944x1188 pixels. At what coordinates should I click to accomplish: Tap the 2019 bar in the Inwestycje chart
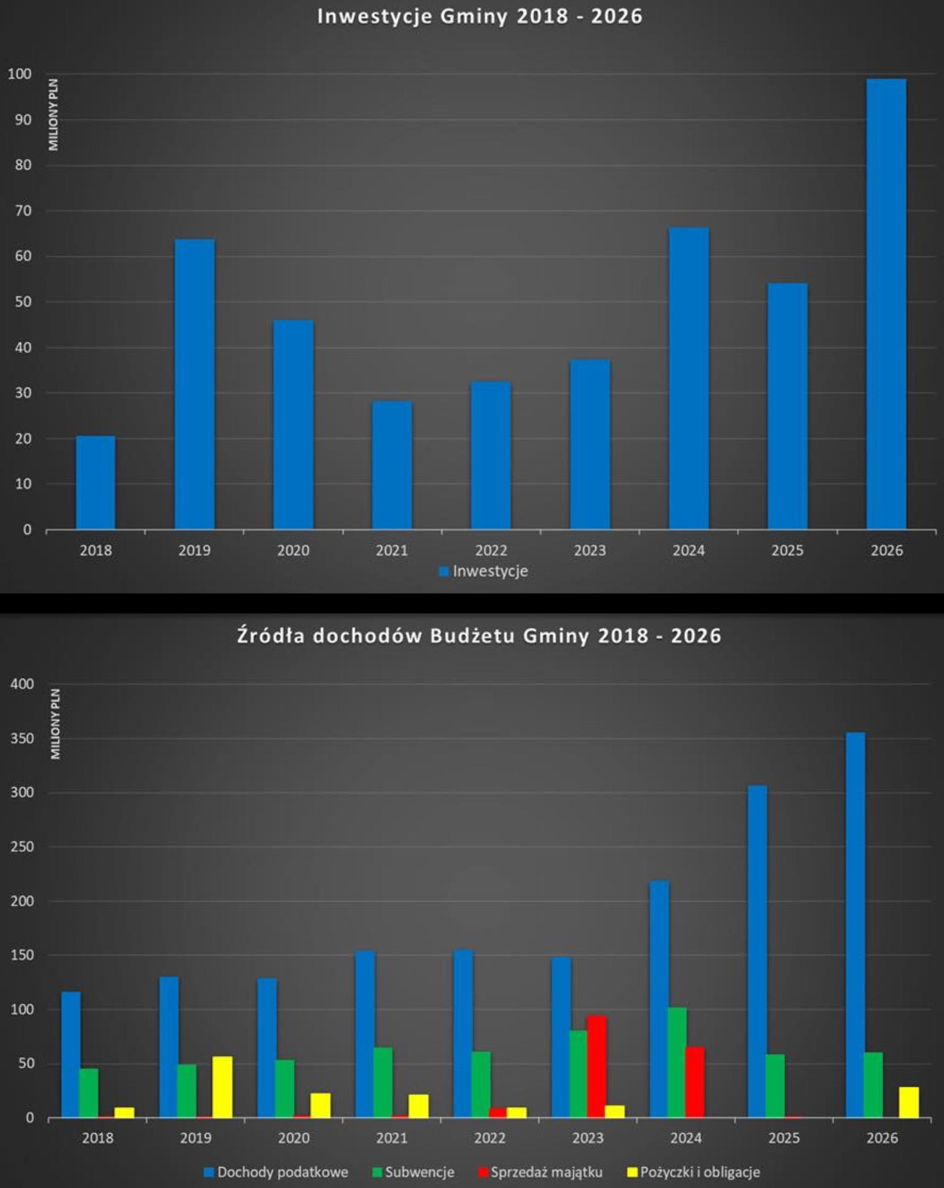click(x=194, y=384)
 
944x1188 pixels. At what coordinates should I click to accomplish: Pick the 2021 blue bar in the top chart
click(x=392, y=465)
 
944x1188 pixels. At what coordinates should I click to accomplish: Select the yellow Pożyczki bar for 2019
click(x=223, y=1087)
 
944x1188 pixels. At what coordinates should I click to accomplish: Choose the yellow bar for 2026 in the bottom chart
click(x=909, y=1102)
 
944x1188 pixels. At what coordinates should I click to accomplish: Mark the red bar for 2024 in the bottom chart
click(x=695, y=1082)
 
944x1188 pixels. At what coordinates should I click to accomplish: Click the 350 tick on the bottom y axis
click(x=23, y=738)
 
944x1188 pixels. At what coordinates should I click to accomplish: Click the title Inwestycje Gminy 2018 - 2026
click(x=479, y=16)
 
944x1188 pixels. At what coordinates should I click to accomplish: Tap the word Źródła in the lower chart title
click(x=271, y=635)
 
